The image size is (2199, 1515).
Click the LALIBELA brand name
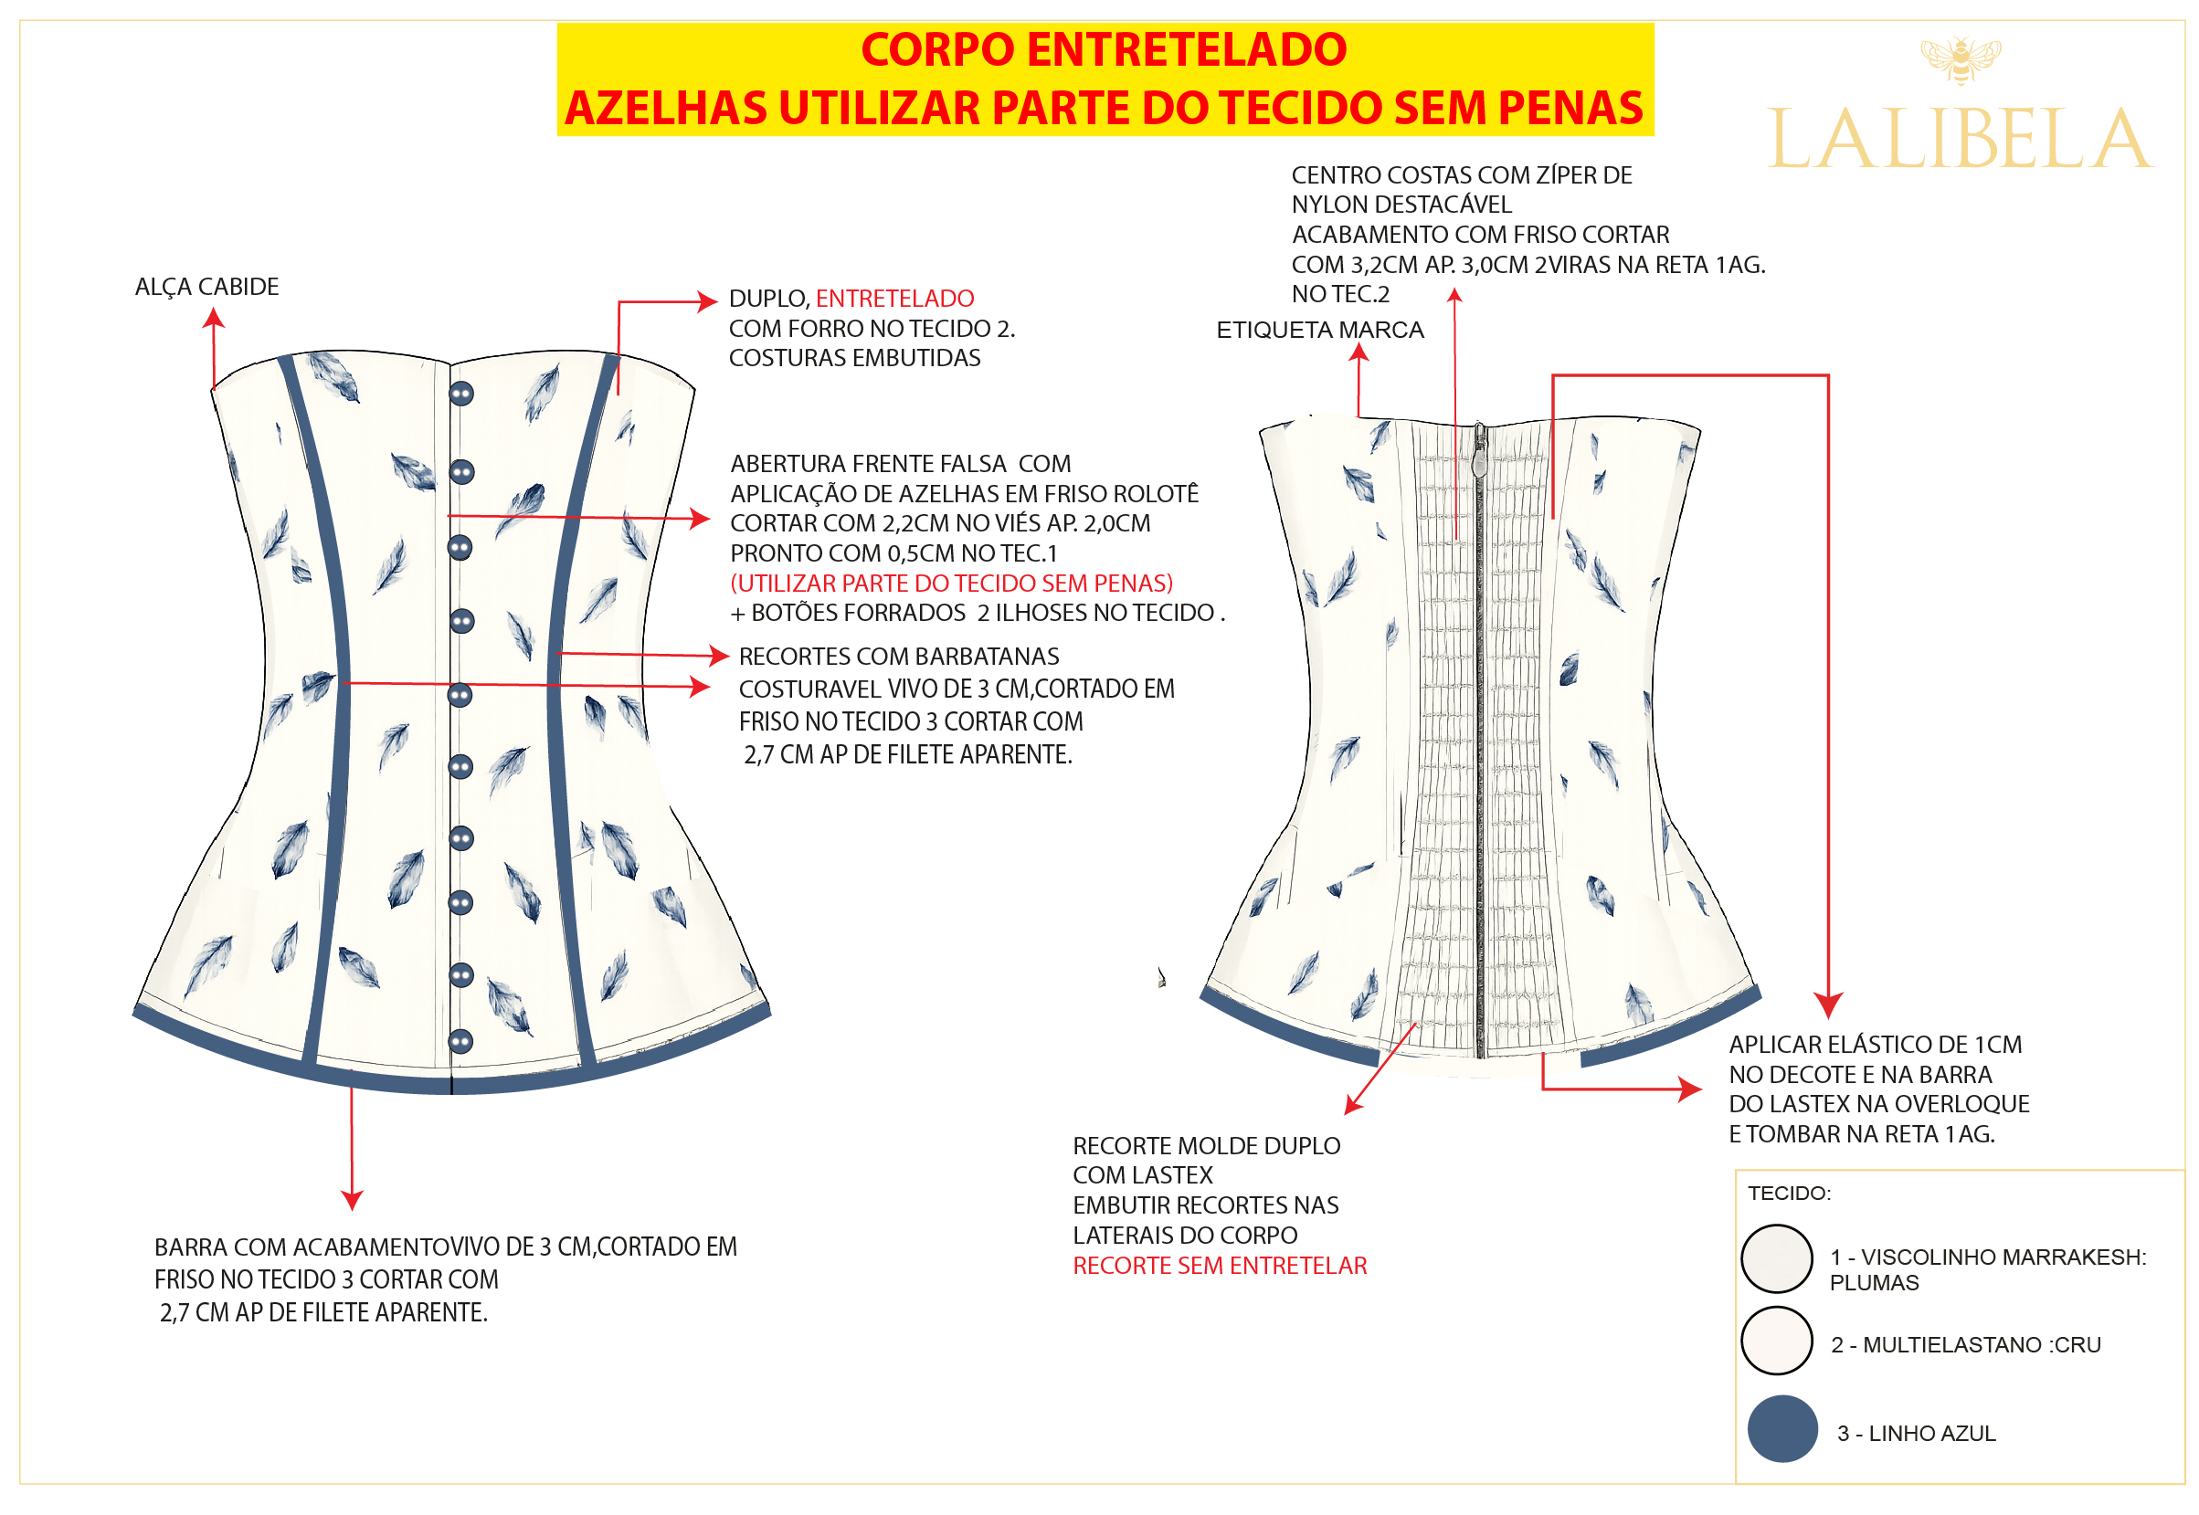pos(1959,139)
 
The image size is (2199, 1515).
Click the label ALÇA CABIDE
pos(207,288)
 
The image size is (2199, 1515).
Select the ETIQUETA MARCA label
pos(1320,331)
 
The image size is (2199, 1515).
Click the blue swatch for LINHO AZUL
pos(1782,1428)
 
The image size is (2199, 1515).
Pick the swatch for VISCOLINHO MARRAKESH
pos(1777,1258)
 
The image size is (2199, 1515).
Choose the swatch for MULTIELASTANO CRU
pos(1777,1341)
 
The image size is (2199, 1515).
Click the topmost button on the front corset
pos(461,393)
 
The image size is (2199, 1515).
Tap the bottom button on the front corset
pos(460,1042)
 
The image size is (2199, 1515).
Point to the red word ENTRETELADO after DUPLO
pos(894,299)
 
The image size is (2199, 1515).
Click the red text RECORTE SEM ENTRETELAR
pos(1220,1267)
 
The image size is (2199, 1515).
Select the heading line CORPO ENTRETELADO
pos(1104,49)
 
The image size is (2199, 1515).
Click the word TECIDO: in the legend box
pos(1789,1194)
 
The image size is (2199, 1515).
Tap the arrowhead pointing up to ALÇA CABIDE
pos(214,317)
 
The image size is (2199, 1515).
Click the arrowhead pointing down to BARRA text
pos(352,1201)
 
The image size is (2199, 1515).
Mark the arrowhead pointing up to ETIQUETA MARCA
pos(1359,352)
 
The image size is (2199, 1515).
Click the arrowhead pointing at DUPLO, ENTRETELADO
pos(707,302)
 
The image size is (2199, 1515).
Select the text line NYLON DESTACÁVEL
pos(1401,205)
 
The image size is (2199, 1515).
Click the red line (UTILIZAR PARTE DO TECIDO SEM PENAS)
pos(951,584)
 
